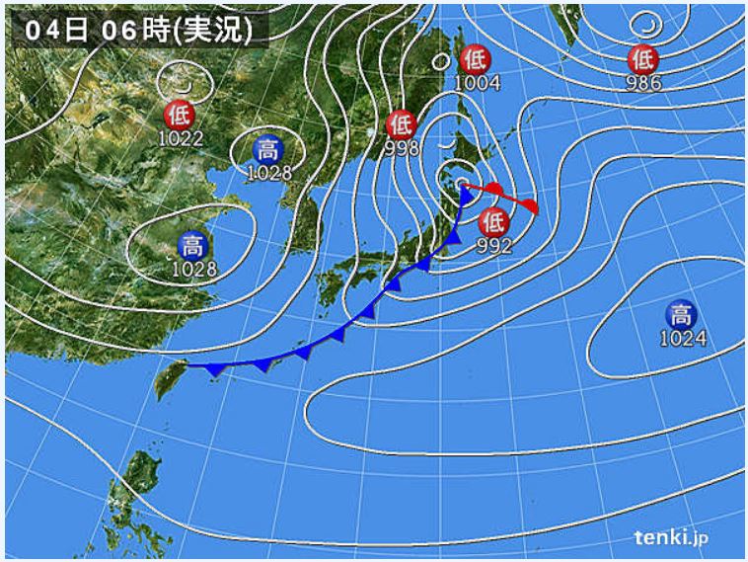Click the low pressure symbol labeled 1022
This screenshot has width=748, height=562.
(180, 114)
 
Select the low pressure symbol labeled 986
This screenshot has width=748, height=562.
(642, 58)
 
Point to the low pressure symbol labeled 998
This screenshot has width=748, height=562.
(401, 124)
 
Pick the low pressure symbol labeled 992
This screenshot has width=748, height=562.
(493, 222)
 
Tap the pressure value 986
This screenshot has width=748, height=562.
(642, 83)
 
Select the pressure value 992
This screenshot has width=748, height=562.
(493, 247)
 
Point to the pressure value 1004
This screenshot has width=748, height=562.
(477, 83)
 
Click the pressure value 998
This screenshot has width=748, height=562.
(403, 148)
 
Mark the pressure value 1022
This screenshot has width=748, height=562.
(181, 138)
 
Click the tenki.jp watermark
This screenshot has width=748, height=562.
(671, 537)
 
